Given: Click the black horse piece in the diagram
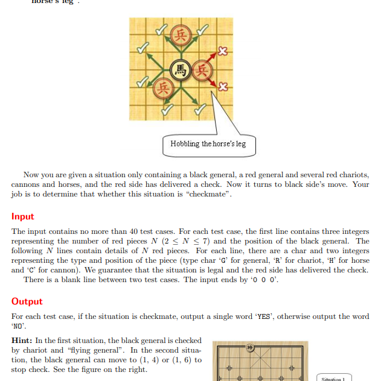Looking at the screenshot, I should click(x=180, y=69).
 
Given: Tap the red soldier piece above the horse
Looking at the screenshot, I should click(x=180, y=34).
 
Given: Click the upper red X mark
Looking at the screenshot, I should click(x=222, y=52).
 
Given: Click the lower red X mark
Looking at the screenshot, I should click(x=222, y=87).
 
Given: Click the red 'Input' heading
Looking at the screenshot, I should click(x=22, y=216).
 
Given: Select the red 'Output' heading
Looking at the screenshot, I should click(x=27, y=301).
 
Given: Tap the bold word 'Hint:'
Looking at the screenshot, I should click(x=22, y=341).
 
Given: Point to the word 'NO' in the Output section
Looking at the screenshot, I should click(x=19, y=325).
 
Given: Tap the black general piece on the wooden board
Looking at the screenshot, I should click(x=251, y=348).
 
